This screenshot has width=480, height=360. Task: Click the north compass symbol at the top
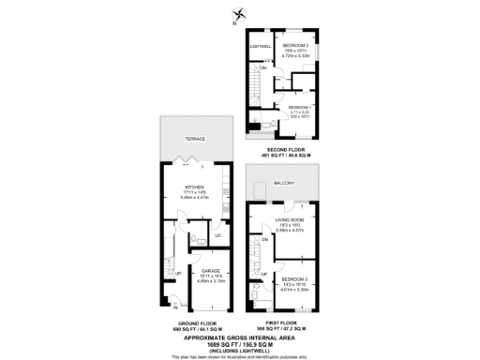[x=240, y=13]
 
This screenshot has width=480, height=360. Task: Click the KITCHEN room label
[x=195, y=187]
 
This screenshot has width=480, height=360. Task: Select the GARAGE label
[x=210, y=270]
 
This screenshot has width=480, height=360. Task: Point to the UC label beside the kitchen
[x=217, y=235]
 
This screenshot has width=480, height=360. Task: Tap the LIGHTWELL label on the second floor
[x=260, y=45]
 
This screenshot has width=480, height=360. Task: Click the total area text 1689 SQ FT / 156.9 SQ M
[x=240, y=344]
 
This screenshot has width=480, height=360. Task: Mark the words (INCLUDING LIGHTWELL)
[x=240, y=351]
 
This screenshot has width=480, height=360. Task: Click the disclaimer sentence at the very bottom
[x=240, y=357]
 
